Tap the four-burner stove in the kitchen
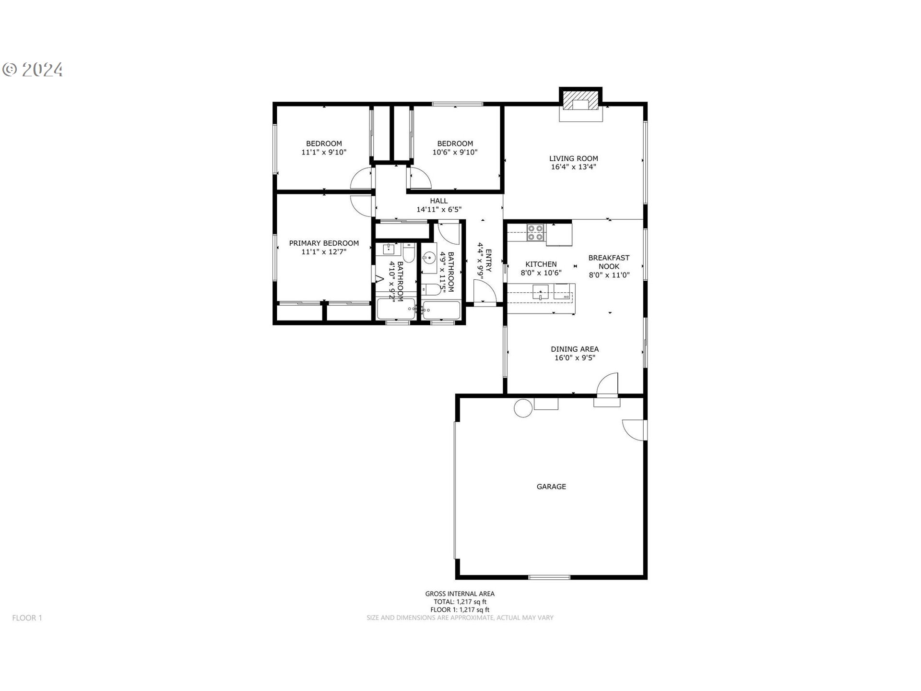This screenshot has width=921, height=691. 535,233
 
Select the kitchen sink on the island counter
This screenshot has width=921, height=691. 541,292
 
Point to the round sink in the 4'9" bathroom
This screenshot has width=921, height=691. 429,258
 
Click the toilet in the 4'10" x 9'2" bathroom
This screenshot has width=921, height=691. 409,252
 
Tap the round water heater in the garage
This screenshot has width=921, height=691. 523,408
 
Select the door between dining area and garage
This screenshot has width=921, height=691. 607,384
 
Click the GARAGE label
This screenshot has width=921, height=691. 551,487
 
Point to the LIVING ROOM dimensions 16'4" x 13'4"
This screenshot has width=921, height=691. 573,167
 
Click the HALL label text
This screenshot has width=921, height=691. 439,201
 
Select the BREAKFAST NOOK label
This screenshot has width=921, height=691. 609,262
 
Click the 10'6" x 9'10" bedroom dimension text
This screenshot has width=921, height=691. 455,152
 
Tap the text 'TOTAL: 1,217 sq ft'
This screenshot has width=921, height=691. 460,602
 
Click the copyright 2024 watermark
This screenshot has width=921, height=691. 33,70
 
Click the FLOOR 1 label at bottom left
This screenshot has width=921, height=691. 27,618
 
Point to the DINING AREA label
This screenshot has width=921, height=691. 575,349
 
